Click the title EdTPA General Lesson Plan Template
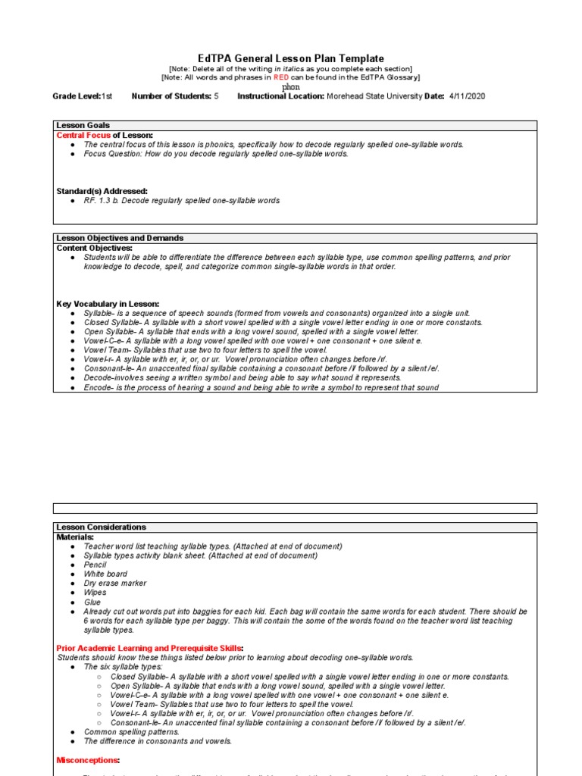291,58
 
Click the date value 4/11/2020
467,96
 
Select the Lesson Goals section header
83,126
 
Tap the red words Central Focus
83,135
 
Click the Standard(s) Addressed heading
102,191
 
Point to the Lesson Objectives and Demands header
120,238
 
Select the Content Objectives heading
95,248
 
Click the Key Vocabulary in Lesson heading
108,304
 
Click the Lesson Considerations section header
102,527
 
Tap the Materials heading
76,537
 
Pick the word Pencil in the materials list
95,565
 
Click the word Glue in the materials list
92,602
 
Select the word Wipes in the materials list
95,593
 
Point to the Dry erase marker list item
115,584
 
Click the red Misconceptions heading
88,759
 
